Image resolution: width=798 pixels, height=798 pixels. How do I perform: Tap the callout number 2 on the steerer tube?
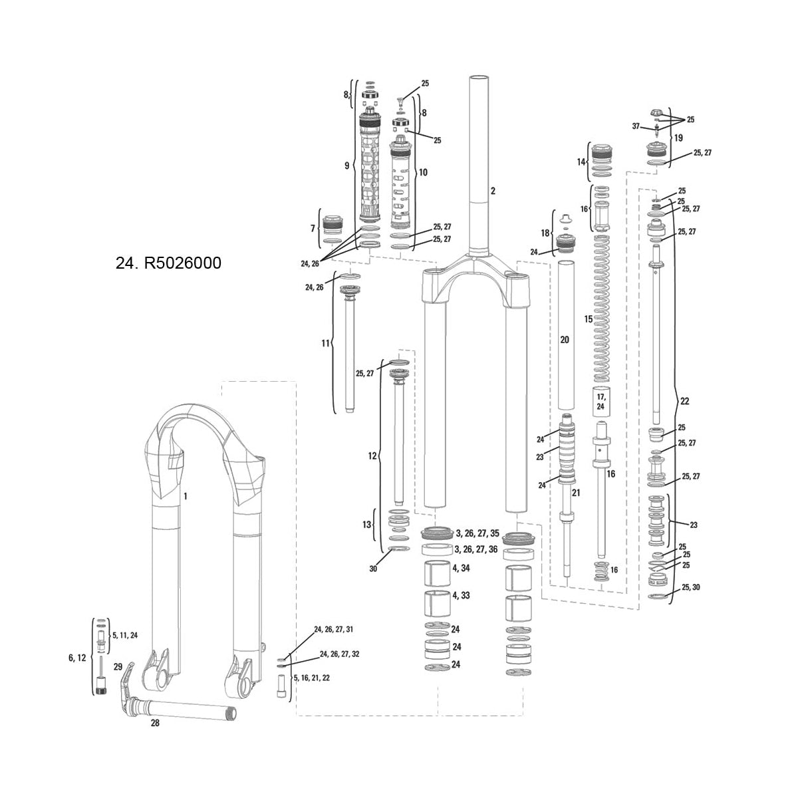493,191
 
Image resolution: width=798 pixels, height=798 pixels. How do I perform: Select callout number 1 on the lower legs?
186,496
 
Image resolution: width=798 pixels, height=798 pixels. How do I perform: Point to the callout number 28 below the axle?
155,723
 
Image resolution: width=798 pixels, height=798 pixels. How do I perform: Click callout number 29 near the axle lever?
118,666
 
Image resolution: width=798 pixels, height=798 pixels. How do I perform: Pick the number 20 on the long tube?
565,339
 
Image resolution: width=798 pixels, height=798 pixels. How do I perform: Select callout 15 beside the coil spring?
588,319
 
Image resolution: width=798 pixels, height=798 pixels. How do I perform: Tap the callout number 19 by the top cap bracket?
678,138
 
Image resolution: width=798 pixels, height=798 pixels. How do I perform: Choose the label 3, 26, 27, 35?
476,533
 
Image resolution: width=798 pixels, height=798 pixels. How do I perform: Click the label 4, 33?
461,595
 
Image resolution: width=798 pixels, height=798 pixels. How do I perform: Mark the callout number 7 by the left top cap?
313,229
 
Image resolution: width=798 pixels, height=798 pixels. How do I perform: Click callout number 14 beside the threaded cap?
580,162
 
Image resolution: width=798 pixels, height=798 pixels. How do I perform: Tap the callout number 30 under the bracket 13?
373,569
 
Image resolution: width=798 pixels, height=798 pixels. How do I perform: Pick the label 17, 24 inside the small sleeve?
600,401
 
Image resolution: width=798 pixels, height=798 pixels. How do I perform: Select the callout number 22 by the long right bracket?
685,401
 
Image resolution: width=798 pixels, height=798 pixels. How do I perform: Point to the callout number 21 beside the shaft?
576,493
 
